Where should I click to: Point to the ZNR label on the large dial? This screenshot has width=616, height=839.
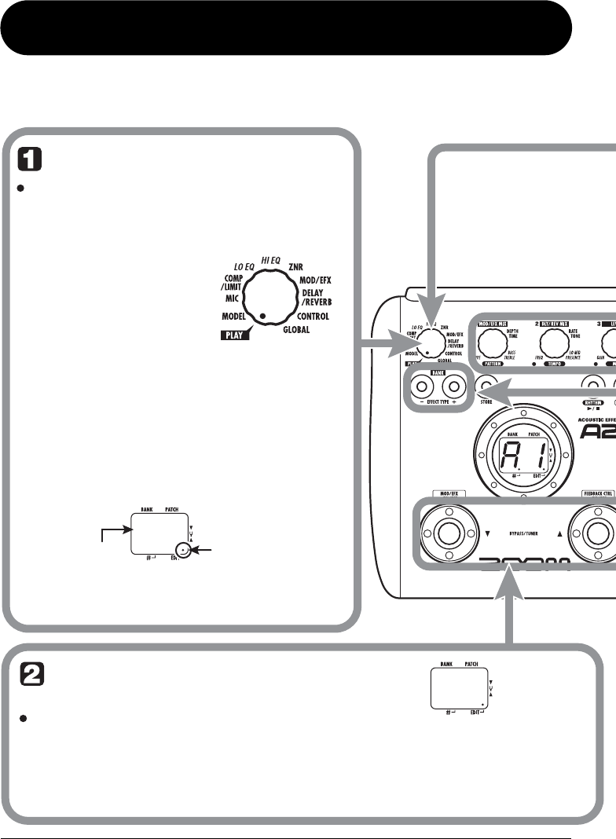pos(296,267)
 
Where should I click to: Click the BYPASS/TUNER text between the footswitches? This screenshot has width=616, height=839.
pos(523,533)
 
